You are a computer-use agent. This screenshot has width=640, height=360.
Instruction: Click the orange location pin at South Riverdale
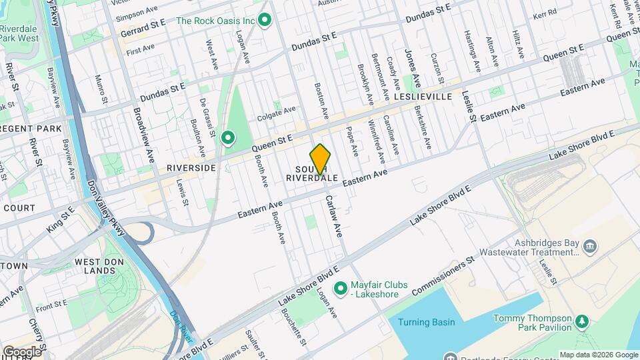[x=321, y=159]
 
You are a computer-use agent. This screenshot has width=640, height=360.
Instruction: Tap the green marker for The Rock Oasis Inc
[x=265, y=21]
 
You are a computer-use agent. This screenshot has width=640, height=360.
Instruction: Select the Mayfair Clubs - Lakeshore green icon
[x=341, y=288]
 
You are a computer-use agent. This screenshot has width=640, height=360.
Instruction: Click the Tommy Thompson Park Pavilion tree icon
[x=583, y=323]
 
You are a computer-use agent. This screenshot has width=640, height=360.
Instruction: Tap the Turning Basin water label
[x=426, y=323]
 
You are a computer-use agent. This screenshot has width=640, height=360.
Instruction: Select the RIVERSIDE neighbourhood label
[x=191, y=168]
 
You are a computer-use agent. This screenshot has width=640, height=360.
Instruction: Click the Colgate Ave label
[x=276, y=110]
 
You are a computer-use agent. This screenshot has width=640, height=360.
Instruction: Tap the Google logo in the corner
[x=22, y=351]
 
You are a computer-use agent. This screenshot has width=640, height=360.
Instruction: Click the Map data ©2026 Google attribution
[x=598, y=355]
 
